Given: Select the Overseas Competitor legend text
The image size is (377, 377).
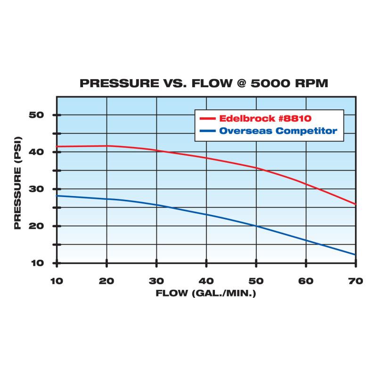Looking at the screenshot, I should point(278,131).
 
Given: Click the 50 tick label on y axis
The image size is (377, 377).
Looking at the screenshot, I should point(37,115).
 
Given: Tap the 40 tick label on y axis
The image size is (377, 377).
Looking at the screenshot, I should point(37,152).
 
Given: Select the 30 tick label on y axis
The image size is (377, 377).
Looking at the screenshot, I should point(37,188).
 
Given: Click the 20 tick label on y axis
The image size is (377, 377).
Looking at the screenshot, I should point(37,226).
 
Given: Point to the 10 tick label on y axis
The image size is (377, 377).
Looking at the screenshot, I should point(37,262).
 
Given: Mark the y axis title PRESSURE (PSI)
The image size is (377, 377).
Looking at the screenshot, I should point(17,188).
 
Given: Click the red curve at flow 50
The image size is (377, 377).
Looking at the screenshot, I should point(256,167).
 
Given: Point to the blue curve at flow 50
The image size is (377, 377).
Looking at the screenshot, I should point(256,226).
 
